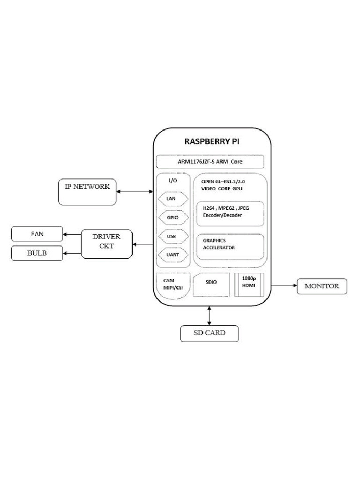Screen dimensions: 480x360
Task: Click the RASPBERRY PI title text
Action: (212, 142)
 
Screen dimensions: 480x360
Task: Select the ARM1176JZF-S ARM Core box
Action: (210, 162)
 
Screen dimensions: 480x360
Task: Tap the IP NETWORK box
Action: (87, 191)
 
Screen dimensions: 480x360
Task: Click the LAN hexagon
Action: (171, 199)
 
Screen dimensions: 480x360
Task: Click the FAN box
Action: (37, 234)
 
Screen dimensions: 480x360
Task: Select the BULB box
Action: (37, 254)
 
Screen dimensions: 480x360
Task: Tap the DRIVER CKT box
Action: (107, 243)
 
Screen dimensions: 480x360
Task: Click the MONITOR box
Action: (322, 286)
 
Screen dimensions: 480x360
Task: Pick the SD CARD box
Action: (210, 333)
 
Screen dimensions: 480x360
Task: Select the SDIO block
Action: (211, 284)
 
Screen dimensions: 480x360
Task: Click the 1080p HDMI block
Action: (249, 284)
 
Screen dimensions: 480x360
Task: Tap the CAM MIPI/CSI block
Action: (172, 285)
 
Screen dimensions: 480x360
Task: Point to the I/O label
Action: (172, 180)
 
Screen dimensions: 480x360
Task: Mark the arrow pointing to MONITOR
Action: (283, 285)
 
